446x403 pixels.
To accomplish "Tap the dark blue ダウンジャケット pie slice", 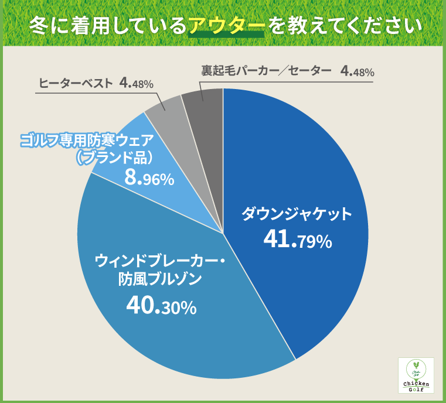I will tap(305, 176).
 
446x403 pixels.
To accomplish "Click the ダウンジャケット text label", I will tap(298, 213).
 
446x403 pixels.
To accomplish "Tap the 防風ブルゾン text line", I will tap(156, 279).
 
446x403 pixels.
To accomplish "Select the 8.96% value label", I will tap(149, 179).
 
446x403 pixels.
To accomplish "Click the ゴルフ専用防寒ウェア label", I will tap(87, 141).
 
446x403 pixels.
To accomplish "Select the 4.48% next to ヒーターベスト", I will tap(136, 83).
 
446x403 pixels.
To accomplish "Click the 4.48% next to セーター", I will tap(357, 71).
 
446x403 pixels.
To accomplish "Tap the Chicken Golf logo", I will tap(416, 376).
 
